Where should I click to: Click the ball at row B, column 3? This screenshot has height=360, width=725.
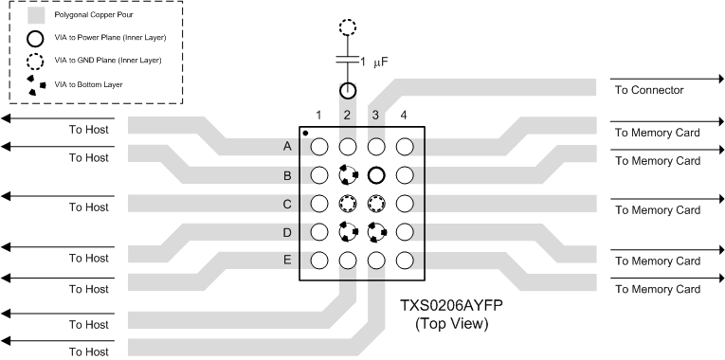pos(376,175)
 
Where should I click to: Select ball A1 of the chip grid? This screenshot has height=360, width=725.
pos(319,147)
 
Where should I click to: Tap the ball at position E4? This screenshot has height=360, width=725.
pos(405,260)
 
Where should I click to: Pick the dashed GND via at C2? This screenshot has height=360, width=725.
pos(348,203)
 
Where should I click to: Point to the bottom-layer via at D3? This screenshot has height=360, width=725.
pos(376,231)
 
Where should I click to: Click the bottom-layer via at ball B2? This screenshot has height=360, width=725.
pos(348,175)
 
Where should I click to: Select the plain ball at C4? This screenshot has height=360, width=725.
pos(405,203)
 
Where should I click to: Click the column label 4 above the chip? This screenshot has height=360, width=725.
pos(405,116)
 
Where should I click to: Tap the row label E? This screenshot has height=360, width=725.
pos(286,260)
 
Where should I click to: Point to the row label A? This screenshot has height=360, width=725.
pos(286,147)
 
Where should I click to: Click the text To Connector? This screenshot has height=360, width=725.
pos(649,91)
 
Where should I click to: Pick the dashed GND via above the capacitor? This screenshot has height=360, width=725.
pos(348,27)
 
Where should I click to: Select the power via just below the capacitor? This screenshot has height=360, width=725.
pos(348,92)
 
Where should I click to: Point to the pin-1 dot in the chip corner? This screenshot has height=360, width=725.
pos(305,133)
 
